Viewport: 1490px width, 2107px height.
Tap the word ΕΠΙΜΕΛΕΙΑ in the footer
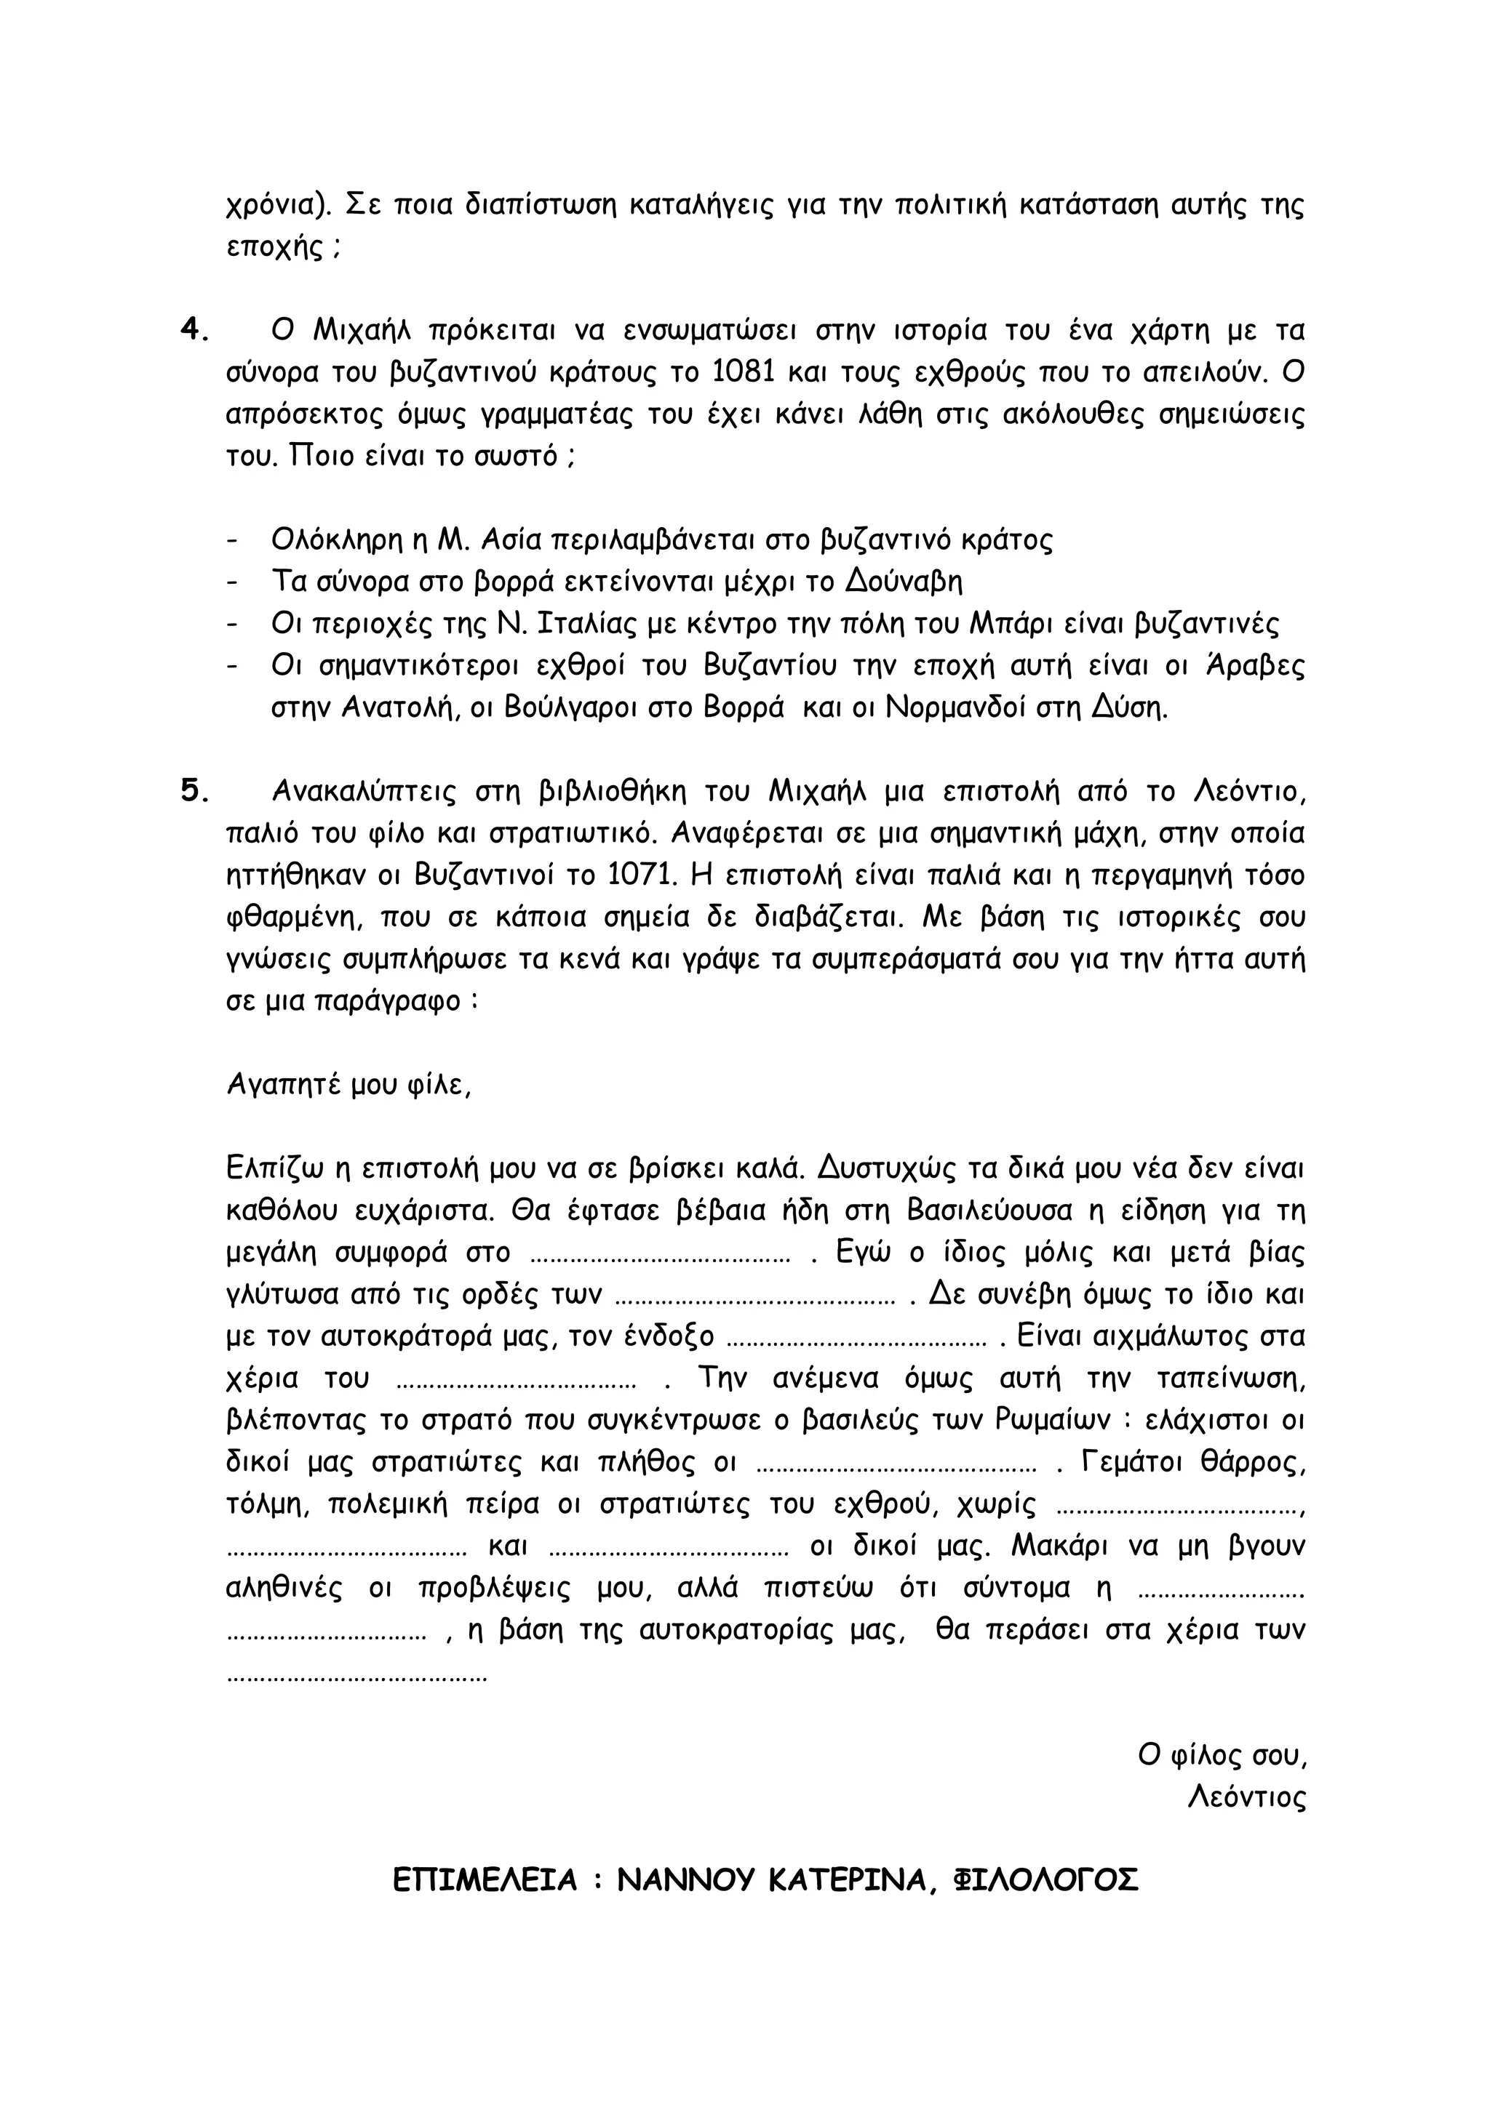(485, 1880)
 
